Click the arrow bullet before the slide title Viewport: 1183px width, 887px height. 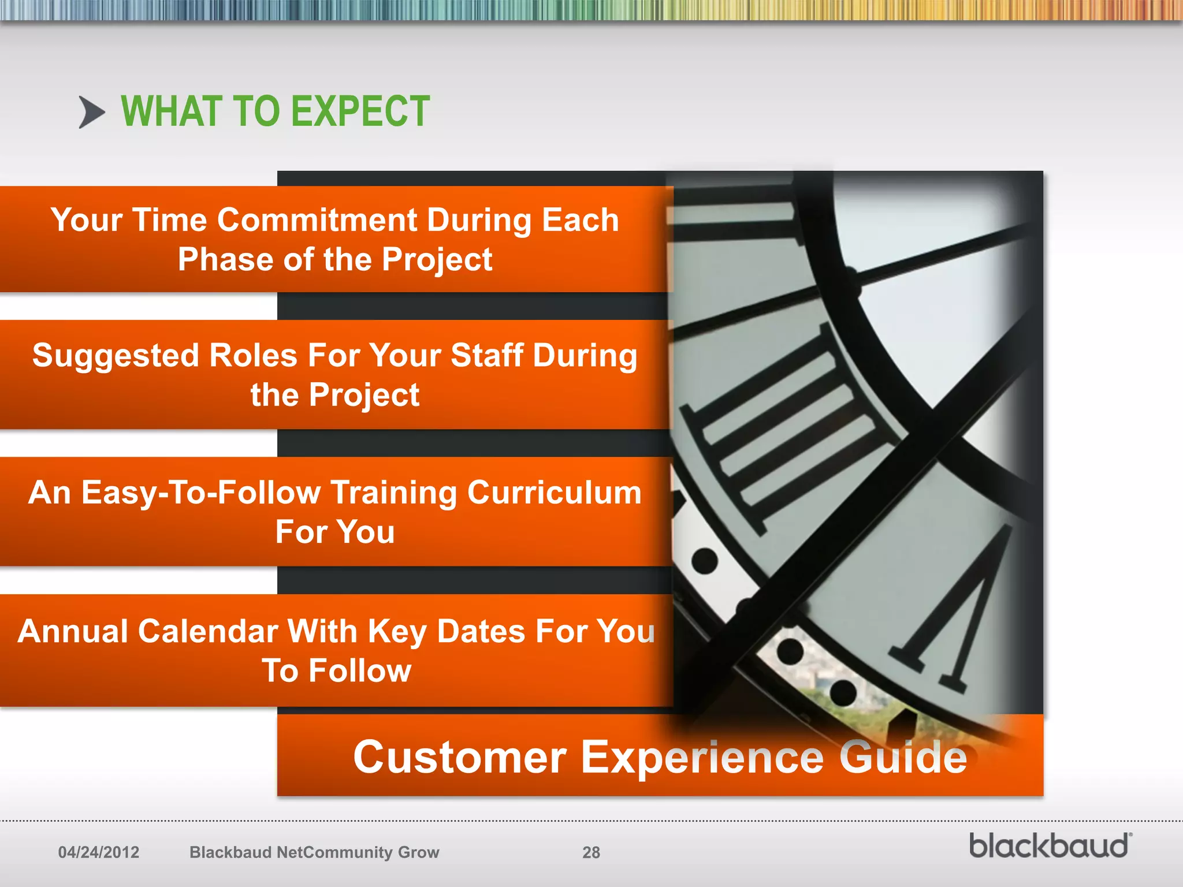pyautogui.click(x=92, y=112)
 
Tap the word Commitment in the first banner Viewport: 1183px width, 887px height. pyautogui.click(x=317, y=221)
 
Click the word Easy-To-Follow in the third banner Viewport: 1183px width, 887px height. pyautogui.click(x=201, y=493)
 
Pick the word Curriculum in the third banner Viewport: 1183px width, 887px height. pyautogui.click(x=554, y=493)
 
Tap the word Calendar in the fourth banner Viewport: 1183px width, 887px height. pyautogui.click(x=209, y=631)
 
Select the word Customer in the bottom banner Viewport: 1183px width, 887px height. pyautogui.click(x=460, y=757)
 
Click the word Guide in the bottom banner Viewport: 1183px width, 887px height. pyautogui.click(x=903, y=757)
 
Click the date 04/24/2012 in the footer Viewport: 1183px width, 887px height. pyautogui.click(x=99, y=852)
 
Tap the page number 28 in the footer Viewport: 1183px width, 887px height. pyautogui.click(x=591, y=852)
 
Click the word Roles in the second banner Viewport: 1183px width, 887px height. pyautogui.click(x=253, y=355)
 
